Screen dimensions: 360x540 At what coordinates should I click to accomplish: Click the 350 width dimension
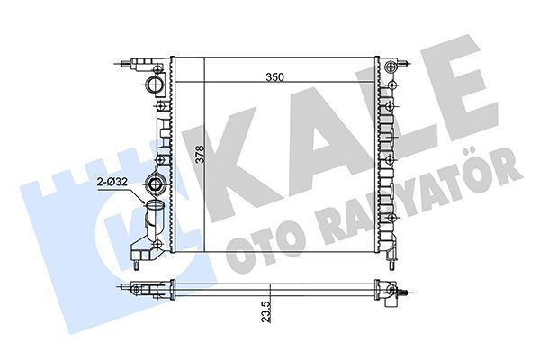tap(275, 77)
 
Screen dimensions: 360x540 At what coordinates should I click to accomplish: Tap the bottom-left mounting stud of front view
tap(137, 263)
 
